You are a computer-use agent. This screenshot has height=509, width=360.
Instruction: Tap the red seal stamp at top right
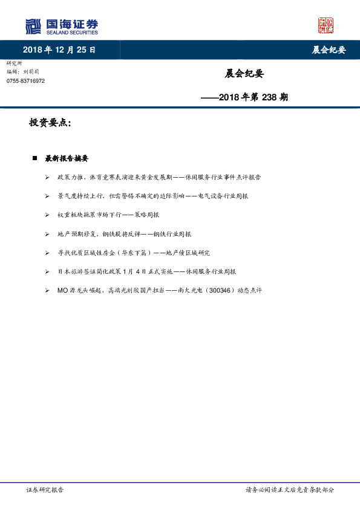pyautogui.click(x=326, y=25)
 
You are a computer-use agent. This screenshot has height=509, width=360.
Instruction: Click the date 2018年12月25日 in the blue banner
pyautogui.click(x=59, y=50)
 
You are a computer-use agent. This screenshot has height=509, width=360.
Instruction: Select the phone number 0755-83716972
pyautogui.click(x=26, y=80)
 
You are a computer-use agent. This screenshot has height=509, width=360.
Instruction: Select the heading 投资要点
pyautogui.click(x=50, y=123)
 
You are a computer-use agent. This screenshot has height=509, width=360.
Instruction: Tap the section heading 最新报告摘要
pyautogui.click(x=67, y=158)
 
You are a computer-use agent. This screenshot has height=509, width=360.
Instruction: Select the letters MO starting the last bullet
pyautogui.click(x=62, y=290)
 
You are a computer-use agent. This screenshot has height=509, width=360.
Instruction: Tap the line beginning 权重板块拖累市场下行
pyautogui.click(x=108, y=215)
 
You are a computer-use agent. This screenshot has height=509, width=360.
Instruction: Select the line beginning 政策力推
pyautogui.click(x=159, y=177)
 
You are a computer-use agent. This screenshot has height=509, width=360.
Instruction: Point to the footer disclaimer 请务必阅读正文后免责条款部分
pyautogui.click(x=289, y=490)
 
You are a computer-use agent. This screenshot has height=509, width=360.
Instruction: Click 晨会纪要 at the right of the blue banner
pyautogui.click(x=329, y=50)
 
